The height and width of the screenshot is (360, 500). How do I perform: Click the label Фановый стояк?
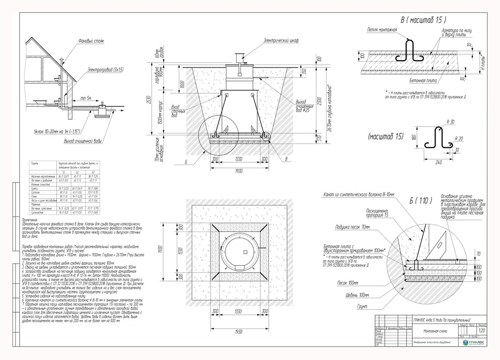click(91, 41)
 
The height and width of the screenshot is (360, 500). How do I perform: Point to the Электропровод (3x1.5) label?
click(105, 70)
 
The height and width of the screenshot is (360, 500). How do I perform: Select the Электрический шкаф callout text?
click(281, 41)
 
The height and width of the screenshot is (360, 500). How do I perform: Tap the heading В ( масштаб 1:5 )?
click(423, 20)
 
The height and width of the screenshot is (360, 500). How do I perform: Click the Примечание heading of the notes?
click(30, 219)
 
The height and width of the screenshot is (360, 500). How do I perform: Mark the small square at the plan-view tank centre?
click(245, 252)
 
